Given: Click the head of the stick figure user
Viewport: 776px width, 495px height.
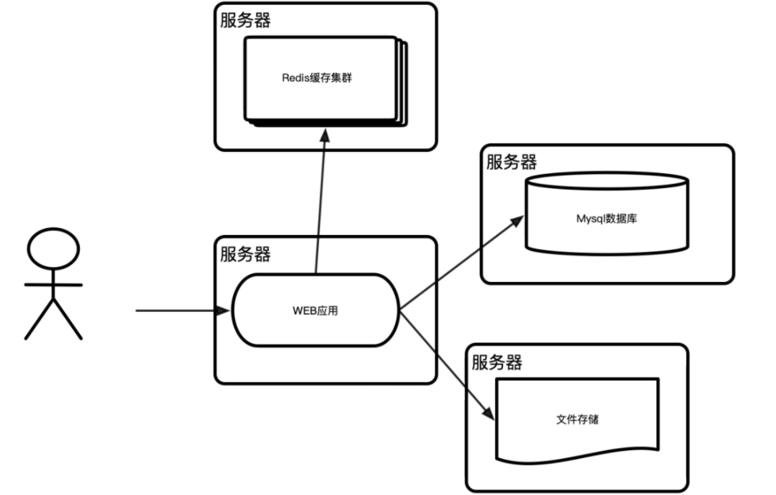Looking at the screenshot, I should point(53,250).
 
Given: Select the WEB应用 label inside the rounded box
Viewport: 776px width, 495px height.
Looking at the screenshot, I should point(315,311).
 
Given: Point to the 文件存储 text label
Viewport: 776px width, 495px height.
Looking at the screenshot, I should point(577,419).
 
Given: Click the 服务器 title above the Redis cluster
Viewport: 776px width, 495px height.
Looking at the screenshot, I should point(246,20).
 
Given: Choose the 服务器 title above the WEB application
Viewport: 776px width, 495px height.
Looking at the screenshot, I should point(246,255).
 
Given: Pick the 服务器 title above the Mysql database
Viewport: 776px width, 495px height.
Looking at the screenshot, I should point(512,162).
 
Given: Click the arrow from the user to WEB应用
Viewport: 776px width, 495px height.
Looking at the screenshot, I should point(180,311).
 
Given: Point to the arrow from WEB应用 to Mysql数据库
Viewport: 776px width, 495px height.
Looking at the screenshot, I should point(462,264).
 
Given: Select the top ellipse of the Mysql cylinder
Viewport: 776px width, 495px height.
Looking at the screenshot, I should point(607,180).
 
